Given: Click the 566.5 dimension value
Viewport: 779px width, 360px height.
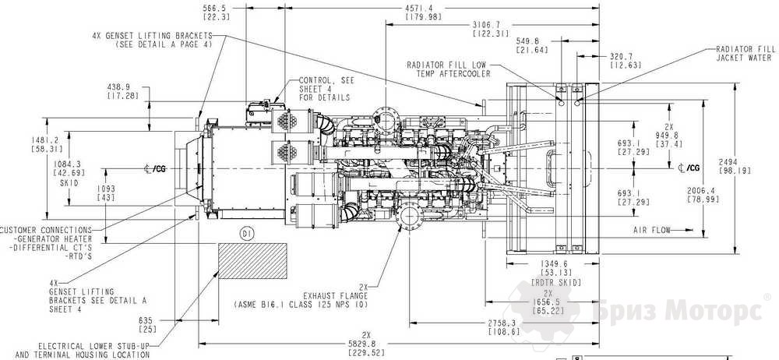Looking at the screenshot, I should (215, 9).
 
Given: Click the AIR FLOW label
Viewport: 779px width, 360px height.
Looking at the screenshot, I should (653, 230).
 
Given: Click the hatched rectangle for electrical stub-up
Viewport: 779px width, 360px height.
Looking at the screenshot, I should (250, 261).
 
